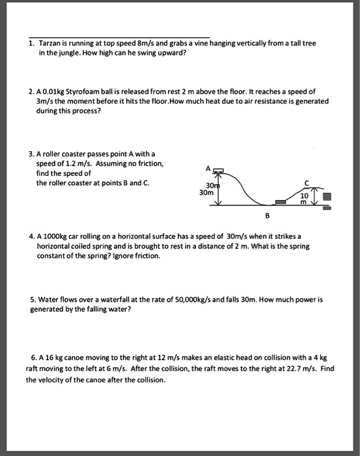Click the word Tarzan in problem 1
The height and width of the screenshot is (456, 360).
[x=49, y=44]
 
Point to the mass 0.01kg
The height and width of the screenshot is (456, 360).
[x=53, y=92]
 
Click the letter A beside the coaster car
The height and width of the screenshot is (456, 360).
[x=208, y=168]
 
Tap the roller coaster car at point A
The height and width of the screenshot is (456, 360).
[x=219, y=171]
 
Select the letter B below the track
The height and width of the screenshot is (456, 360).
[x=268, y=216]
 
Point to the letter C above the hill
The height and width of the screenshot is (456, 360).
[x=306, y=183]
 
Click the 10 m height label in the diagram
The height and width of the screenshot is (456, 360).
[x=304, y=198]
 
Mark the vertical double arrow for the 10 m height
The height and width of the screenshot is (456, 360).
[x=313, y=195]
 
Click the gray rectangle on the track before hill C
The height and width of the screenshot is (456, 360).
[x=281, y=202]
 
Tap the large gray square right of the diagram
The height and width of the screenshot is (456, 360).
[x=327, y=197]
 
